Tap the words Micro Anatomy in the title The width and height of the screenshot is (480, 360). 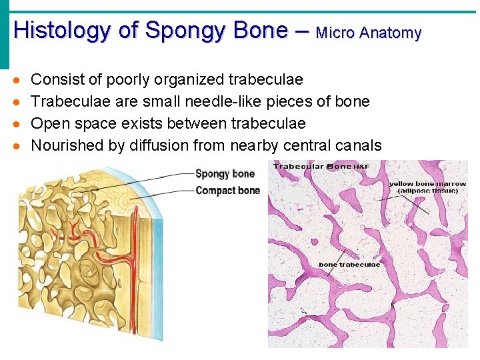pos(369,33)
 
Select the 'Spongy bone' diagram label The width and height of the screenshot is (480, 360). pos(225,174)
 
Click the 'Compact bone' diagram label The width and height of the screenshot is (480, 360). pos(227,191)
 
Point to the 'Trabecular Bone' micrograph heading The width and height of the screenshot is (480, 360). pos(312,166)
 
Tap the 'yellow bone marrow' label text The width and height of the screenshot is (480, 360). pos(427,184)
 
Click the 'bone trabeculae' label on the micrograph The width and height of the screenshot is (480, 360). pos(349,265)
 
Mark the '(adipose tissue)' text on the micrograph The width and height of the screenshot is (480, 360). pos(427,191)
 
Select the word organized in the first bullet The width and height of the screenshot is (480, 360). pos(189,79)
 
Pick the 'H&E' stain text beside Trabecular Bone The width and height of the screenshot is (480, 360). pos(361,166)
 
